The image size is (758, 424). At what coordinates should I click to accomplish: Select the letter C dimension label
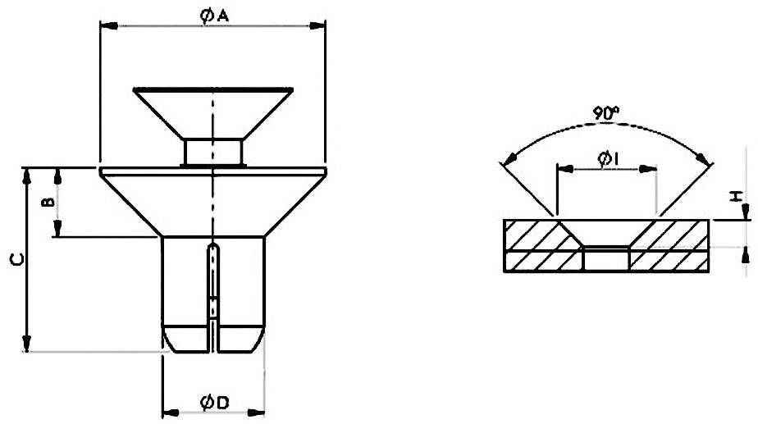(x=16, y=260)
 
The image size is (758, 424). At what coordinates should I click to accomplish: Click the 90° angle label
(x=606, y=116)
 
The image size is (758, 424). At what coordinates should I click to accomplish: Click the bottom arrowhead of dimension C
(x=28, y=344)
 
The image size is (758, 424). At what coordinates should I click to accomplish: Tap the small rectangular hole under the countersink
(x=606, y=261)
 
